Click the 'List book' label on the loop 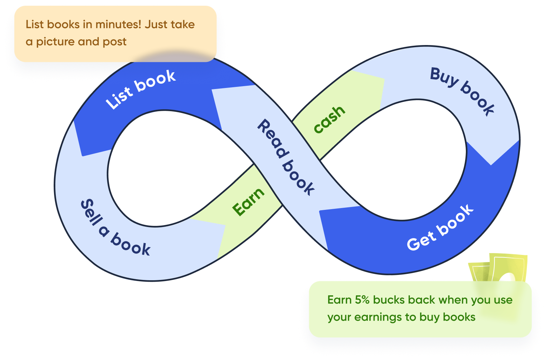pyautogui.click(x=141, y=89)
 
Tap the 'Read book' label pyautogui.click(x=286, y=157)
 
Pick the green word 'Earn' pyautogui.click(x=248, y=202)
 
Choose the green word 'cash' pyautogui.click(x=329, y=119)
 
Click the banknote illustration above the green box pyautogui.click(x=501, y=268)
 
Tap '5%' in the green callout pyautogui.click(x=362, y=300)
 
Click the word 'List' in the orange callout pyautogui.click(x=34, y=24)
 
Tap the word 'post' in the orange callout pyautogui.click(x=114, y=42)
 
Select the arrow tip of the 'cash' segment pyautogui.click(x=383, y=80)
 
